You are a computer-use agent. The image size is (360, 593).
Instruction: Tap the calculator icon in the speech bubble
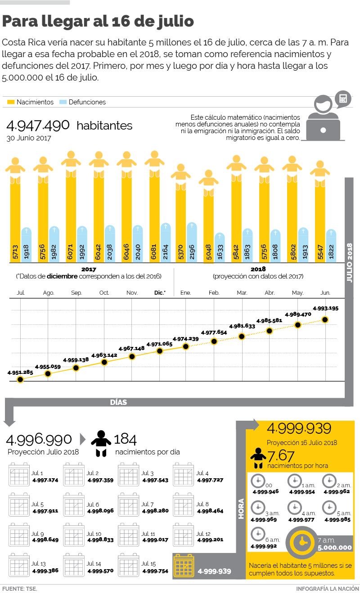coord(343,99)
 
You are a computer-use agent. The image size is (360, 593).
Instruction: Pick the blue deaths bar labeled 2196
coord(192,243)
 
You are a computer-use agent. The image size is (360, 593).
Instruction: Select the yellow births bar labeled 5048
coord(208,225)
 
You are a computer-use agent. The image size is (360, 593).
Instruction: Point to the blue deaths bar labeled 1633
coord(220,248)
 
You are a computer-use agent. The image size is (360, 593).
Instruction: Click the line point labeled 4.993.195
coord(325,320)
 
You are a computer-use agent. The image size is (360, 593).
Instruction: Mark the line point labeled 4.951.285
coord(20,379)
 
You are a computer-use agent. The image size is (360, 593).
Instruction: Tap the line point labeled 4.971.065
coord(159,351)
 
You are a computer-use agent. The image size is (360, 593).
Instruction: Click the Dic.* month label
coord(160,293)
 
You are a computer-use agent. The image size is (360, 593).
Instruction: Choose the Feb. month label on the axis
coord(214,293)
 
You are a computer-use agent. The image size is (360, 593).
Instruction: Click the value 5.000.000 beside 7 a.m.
coord(334,548)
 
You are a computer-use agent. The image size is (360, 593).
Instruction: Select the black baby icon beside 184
coord(101,444)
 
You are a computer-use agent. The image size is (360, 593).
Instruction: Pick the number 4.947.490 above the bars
coord(38,125)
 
